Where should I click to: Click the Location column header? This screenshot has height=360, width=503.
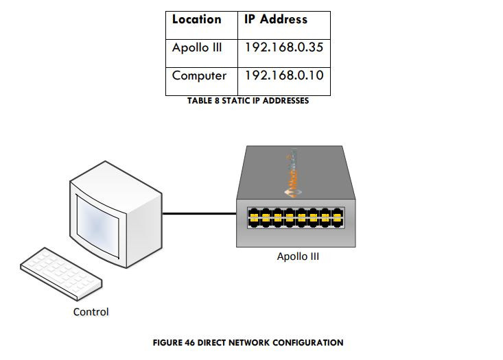pos(197,19)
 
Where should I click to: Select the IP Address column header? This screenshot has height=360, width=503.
pos(276,19)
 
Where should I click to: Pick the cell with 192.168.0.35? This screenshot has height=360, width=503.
pos(284,49)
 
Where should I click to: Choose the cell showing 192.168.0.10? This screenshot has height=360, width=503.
pos(284,75)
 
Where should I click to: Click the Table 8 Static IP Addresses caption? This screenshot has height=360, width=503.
pos(248,101)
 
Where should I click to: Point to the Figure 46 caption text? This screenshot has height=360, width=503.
pos(248,342)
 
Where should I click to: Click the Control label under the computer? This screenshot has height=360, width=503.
pos(91,312)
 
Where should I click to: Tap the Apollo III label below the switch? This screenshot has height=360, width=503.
pos(298,257)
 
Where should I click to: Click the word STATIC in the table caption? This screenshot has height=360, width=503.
pos(233,101)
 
